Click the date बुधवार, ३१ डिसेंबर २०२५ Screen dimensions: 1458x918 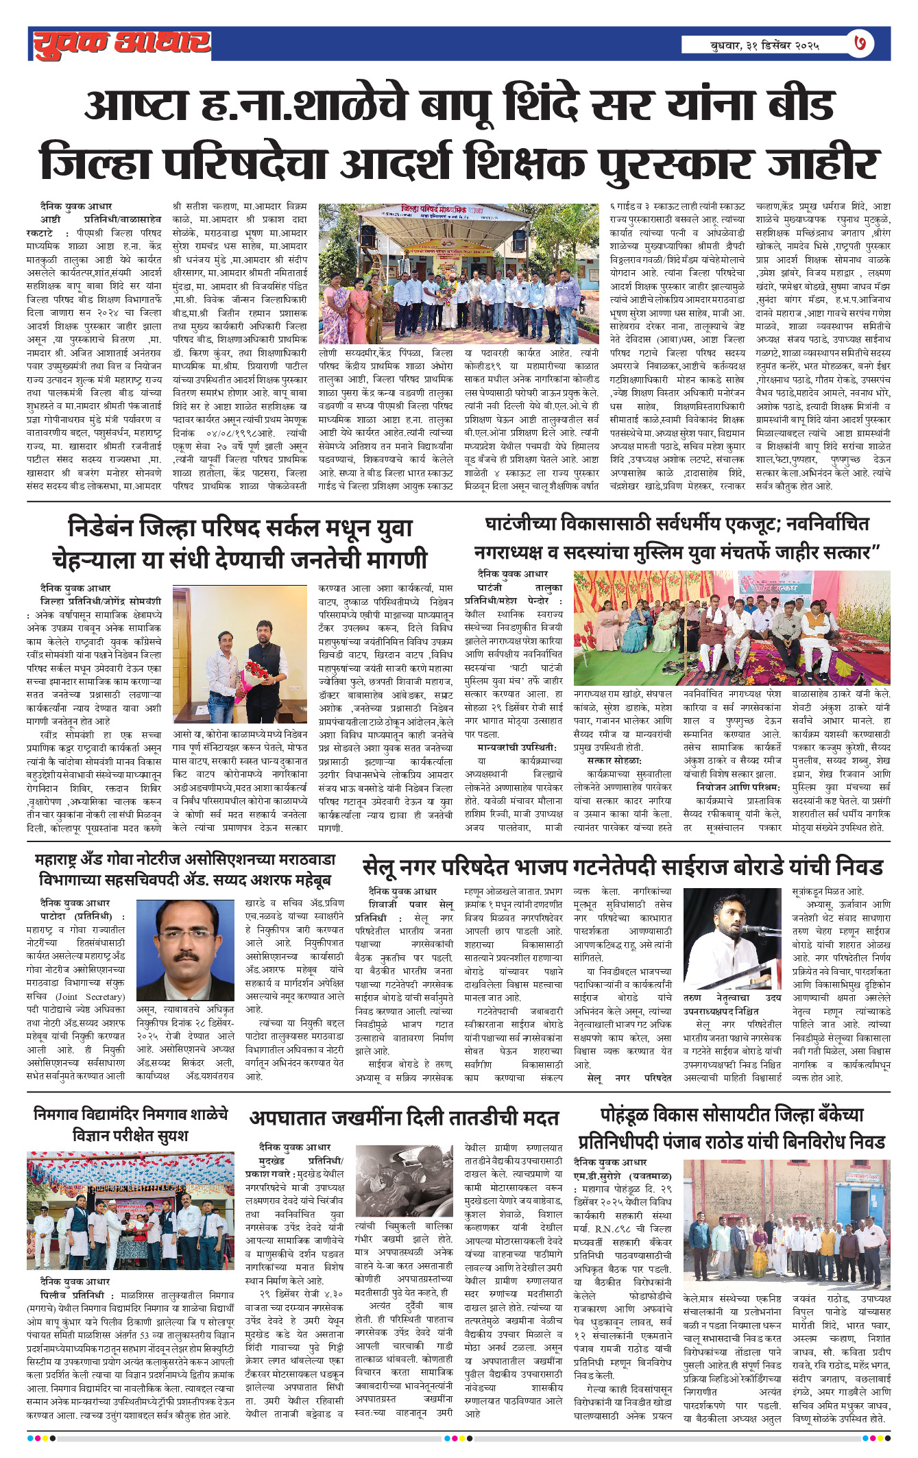coord(764,45)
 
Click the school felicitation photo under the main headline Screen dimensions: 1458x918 coord(459,274)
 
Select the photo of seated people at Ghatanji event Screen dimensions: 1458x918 coord(732,628)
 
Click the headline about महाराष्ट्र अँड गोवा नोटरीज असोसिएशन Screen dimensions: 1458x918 coord(185,870)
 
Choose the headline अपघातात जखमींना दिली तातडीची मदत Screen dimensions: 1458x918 coord(404,1119)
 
